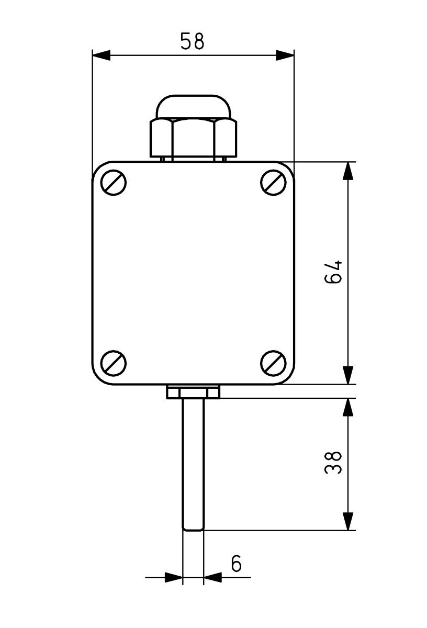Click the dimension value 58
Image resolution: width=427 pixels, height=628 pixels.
[x=192, y=41]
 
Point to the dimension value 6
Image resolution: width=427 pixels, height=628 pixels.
[x=237, y=564]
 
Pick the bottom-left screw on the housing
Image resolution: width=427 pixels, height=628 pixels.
[x=114, y=363]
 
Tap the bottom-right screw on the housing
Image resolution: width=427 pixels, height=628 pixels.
[x=273, y=363]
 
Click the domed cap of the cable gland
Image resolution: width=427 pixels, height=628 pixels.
[x=193, y=107]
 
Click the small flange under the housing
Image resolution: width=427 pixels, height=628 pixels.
[x=193, y=391]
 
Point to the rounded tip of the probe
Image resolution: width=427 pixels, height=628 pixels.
[x=193, y=528]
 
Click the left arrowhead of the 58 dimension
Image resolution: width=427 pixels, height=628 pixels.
[x=102, y=55]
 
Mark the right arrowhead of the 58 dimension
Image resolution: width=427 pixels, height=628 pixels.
[x=285, y=55]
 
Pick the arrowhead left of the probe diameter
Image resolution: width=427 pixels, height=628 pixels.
[x=174, y=578]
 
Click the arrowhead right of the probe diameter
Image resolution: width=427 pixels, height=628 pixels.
[x=212, y=578]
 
